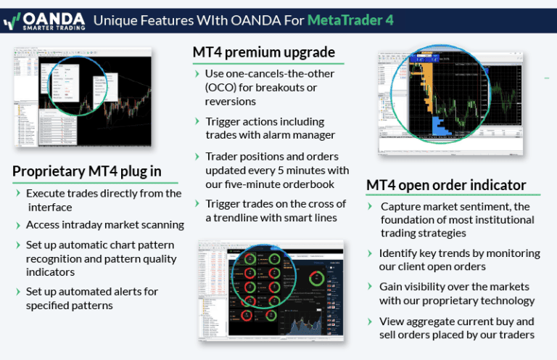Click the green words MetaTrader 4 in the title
coord(350,20)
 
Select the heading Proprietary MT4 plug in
coord(86,171)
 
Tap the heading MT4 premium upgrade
coord(263,52)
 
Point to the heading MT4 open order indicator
coord(446,185)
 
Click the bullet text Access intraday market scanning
coord(104,225)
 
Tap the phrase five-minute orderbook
coord(283,184)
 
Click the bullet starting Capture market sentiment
coord(457,219)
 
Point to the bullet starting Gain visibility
coord(456,293)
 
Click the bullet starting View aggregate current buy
coord(456,327)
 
